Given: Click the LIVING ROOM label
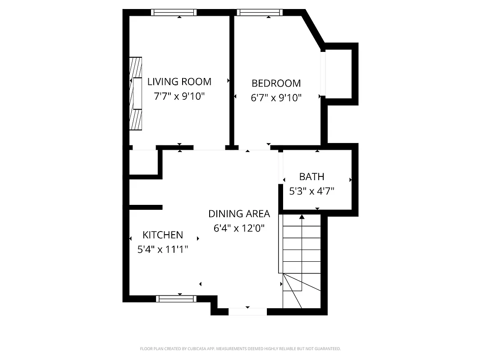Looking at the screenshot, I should coord(179,82).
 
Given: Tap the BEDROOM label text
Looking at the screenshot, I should coord(276,83).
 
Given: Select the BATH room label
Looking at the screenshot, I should coord(312,176).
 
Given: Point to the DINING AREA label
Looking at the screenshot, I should coord(239,214).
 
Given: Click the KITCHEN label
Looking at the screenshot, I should coord(163,235).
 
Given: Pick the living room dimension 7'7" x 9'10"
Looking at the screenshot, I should coord(179,96).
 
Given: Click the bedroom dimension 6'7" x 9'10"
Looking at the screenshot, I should coord(276,97).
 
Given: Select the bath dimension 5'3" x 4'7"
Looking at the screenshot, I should coord(312,191).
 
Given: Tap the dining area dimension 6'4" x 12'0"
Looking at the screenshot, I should coord(239,228).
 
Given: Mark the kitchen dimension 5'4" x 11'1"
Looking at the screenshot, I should coord(163,249).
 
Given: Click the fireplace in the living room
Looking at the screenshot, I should coord(136,94).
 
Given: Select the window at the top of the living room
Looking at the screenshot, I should coord(174,13).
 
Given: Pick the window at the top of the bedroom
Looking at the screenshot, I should coord(260,13).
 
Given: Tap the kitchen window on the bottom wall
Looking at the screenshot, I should coord(176,298).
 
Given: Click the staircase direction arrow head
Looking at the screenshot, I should coord(302,218).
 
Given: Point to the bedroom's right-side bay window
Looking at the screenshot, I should coord(322,74).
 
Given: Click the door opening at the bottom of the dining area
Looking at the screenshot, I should coord(247,311).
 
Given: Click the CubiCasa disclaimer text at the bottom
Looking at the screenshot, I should coord(240,349).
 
